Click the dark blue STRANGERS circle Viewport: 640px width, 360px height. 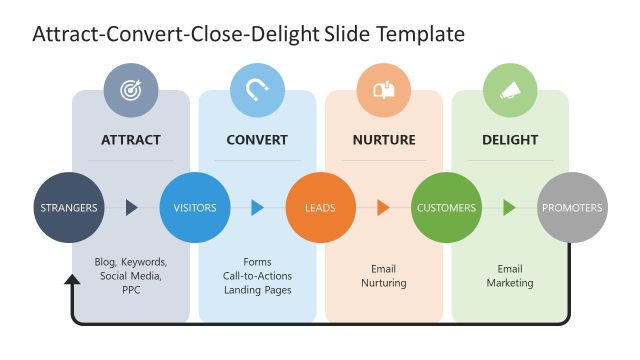[69, 208]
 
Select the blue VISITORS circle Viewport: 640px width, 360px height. [195, 208]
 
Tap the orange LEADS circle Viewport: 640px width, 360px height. [321, 208]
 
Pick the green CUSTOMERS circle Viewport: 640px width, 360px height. [447, 208]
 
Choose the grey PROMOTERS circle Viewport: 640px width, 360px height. [572, 208]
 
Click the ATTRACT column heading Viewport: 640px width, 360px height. [131, 140]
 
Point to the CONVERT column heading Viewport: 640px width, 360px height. [257, 140]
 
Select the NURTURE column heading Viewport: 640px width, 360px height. [384, 140]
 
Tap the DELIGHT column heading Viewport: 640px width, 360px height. [510, 140]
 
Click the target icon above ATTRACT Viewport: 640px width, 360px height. [131, 90]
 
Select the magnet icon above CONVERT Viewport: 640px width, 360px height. [257, 90]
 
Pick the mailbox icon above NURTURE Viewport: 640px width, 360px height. [384, 90]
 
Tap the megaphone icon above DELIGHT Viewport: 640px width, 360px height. [510, 90]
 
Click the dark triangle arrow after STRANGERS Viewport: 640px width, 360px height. [131, 208]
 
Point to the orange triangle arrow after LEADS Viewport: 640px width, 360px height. [383, 208]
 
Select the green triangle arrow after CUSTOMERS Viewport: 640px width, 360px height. [509, 208]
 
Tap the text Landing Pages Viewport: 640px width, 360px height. [257, 290]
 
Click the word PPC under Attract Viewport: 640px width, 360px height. [131, 290]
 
